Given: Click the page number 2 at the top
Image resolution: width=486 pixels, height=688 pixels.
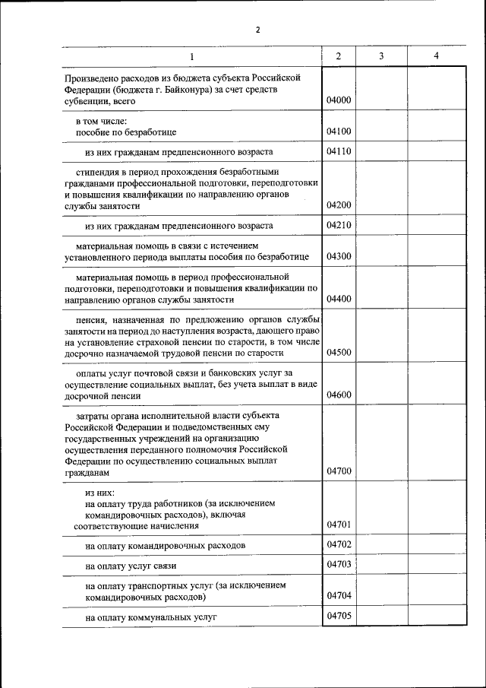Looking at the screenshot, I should tap(257, 30).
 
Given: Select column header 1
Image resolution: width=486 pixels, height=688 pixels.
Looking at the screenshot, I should tap(191, 57).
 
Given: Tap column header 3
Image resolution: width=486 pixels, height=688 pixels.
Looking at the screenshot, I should tap(381, 57).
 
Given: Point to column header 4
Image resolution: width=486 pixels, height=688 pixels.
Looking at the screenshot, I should tap(435, 57).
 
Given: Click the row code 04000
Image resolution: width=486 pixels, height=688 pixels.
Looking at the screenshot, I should tap(339, 100).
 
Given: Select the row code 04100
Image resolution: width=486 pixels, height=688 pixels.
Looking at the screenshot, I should tap(339, 132).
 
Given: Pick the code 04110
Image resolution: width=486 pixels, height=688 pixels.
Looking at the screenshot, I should tap(339, 151).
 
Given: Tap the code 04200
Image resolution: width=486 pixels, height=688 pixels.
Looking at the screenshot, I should tap(339, 205).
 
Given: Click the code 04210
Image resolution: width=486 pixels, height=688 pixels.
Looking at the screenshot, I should tap(339, 225).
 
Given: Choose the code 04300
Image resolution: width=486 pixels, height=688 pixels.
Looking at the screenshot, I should tap(339, 257).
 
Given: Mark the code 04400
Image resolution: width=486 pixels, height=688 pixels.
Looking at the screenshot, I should tap(339, 300).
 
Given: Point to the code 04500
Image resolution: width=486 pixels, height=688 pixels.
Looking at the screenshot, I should tap(339, 353).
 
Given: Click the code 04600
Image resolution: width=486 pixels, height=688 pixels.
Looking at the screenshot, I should tap(339, 395).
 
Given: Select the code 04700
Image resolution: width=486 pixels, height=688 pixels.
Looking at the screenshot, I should tap(339, 471).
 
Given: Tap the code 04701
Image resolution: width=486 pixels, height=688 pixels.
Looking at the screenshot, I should tap(339, 525).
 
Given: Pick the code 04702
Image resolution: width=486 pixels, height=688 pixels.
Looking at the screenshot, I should tap(339, 544).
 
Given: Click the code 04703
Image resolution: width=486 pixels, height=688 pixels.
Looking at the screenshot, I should tap(339, 564).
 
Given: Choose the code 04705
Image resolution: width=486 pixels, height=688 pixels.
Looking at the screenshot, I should tap(339, 616).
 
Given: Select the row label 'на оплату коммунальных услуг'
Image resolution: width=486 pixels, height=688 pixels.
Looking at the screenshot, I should tap(151, 617).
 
